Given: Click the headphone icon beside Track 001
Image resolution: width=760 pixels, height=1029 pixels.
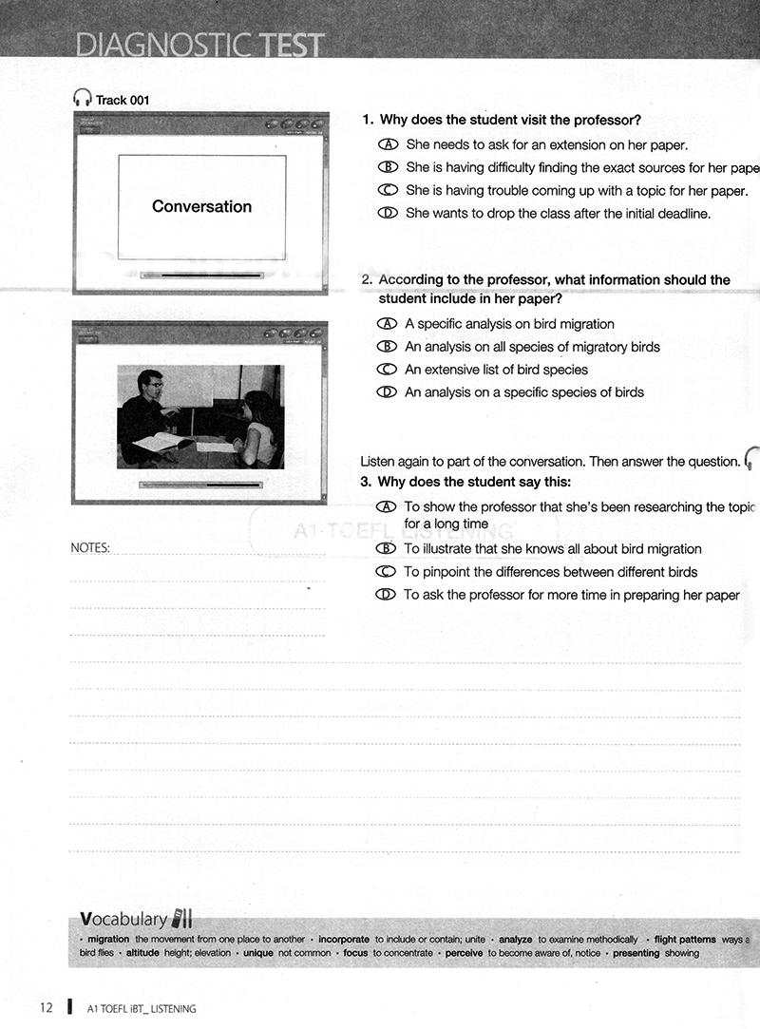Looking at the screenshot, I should coord(82,98).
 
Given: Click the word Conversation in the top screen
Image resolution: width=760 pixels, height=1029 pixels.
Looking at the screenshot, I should coord(201,206).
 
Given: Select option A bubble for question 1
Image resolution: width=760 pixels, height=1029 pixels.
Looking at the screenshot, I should coord(387,144).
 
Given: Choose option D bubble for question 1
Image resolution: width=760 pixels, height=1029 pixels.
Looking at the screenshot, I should coord(387,213).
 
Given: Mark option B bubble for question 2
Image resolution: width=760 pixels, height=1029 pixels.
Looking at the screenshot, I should coord(386,347).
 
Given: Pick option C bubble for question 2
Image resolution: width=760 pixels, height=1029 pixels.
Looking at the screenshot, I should coord(386,370).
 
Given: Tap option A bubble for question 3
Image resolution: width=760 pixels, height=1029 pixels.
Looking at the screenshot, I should coord(386,507).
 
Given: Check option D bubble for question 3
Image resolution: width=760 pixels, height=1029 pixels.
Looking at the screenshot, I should coord(386,595).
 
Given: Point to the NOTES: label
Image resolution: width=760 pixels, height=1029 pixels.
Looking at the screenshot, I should coord(90,547).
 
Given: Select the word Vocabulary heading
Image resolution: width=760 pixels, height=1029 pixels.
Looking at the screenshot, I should coord(123,919).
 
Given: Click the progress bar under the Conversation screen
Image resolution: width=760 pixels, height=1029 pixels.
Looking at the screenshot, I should coord(201,276).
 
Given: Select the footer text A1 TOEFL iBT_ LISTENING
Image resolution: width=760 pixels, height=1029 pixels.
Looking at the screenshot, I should coord(141,1008).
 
